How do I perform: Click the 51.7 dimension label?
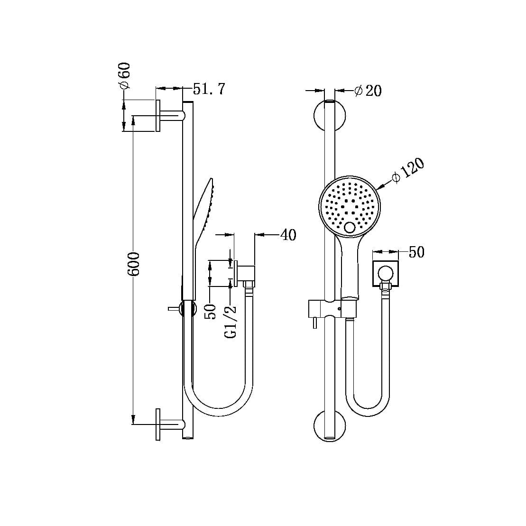coord(209,89)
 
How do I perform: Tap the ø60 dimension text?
coord(124,75)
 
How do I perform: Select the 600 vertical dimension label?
coord(134,265)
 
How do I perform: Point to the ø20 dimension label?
coord(369,91)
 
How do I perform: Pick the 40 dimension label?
coord(288,234)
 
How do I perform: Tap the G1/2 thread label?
coord(231,322)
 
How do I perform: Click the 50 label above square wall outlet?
coord(416,252)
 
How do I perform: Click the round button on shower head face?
coord(350,228)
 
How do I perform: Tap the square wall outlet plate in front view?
coord(385,274)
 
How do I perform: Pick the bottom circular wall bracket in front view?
coord(330,425)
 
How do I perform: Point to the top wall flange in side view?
coord(158,116)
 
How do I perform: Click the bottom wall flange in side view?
coord(158,424)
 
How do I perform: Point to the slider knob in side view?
coord(174,308)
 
